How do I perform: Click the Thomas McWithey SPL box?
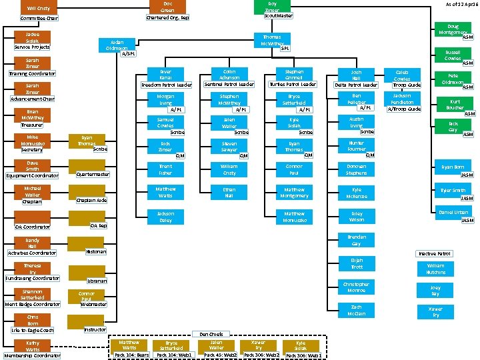tap(271, 41)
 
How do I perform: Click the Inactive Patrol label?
tap(435, 254)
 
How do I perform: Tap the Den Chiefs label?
tap(211, 333)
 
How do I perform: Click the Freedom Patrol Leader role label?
tap(166, 85)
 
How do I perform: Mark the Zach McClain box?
tap(357, 309)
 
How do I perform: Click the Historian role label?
tap(96, 251)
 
